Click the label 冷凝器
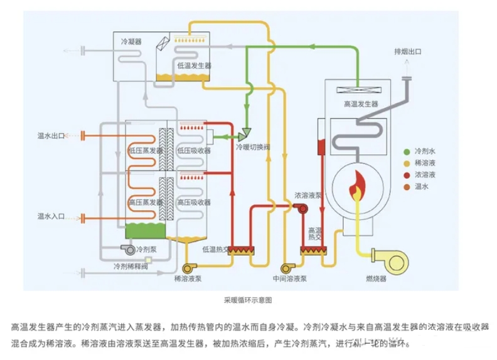coord(131,41)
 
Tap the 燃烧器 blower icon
coord(383,258)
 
